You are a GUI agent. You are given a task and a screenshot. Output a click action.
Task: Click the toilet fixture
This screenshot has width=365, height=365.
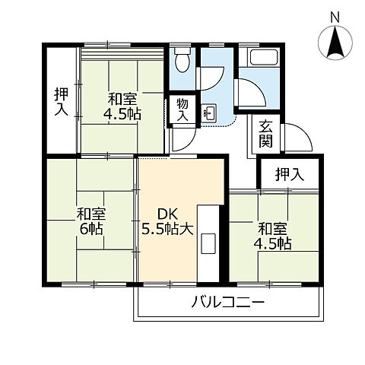182,59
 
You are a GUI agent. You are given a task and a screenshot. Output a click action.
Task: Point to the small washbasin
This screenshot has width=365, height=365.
209,115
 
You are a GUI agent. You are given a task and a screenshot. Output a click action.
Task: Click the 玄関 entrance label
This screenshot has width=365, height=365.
265,134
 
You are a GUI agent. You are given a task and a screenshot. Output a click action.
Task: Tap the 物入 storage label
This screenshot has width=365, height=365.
182,109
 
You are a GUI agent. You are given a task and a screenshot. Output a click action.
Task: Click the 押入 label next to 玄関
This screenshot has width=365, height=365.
289,173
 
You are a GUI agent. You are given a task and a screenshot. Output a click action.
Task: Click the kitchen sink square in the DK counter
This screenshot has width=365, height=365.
207,245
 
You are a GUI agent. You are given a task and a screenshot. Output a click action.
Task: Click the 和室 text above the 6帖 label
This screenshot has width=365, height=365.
90,214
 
